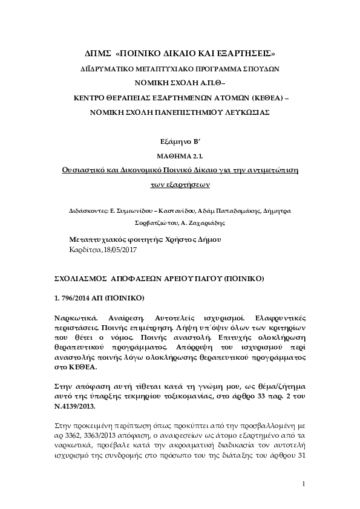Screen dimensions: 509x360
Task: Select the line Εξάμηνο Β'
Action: pyautogui.click(x=180, y=143)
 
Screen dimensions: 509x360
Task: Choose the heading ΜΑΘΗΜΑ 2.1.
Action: pyautogui.click(x=180, y=157)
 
